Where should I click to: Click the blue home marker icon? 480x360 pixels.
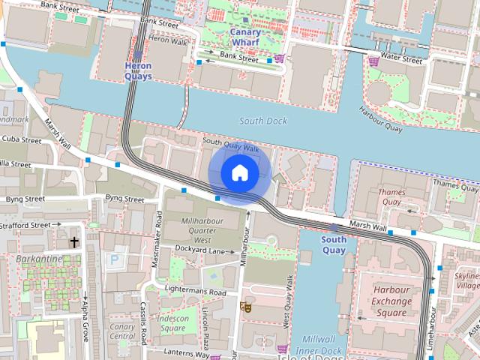point(239,173)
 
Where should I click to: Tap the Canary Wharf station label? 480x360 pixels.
point(245,37)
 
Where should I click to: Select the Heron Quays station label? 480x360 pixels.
point(137,71)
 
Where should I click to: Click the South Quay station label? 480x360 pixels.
point(334,244)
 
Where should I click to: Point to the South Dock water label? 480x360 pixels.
point(263,120)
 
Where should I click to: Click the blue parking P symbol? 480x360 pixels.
point(114,259)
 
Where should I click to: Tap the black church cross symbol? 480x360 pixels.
point(74,242)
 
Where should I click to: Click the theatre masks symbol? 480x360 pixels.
point(244,306)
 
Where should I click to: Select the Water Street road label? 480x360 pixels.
point(401,58)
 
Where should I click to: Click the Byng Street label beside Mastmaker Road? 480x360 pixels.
point(124,199)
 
